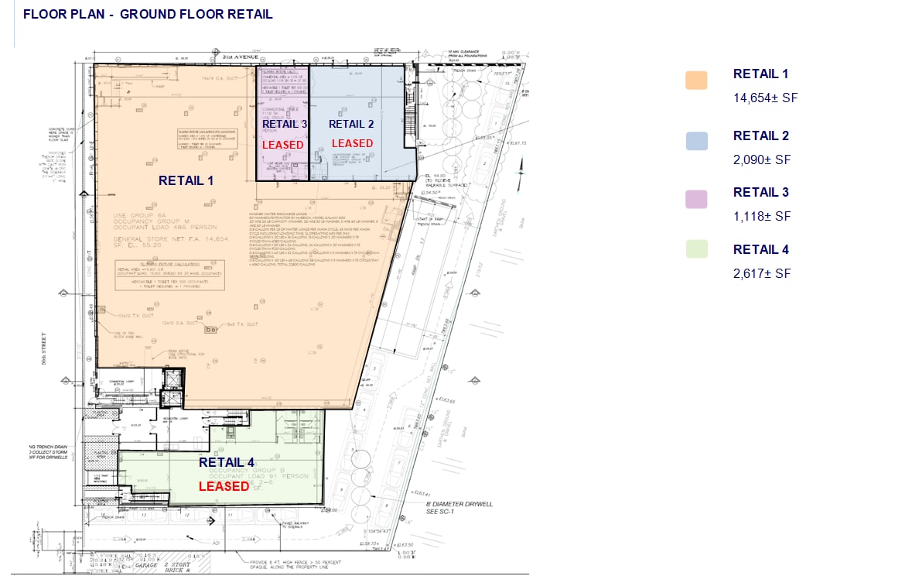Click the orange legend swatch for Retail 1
(696, 80)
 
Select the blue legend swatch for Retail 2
(696, 141)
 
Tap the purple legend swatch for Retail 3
(696, 198)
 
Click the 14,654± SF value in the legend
(765, 98)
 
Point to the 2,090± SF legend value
(762, 159)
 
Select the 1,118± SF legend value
(762, 216)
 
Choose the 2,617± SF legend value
(762, 273)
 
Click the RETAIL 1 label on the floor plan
(186, 180)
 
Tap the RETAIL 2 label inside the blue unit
(351, 124)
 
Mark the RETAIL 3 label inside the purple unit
(284, 124)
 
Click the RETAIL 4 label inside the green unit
(226, 462)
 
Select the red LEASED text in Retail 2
(352, 143)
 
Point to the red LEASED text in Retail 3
(282, 145)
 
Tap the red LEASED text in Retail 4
(224, 486)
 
